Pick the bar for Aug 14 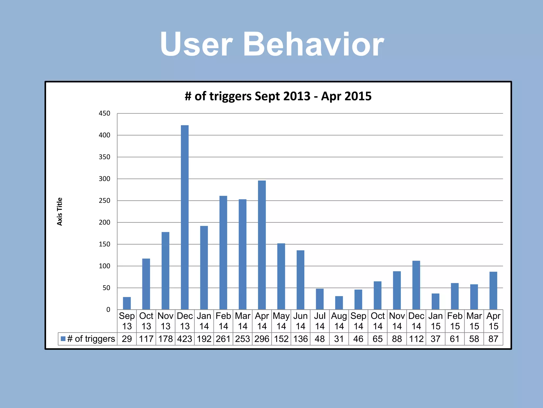(339, 303)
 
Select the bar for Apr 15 (493, 291)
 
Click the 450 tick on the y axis (104, 113)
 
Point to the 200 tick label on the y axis (104, 222)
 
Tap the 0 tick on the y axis (108, 309)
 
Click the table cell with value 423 (185, 339)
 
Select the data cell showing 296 (262, 339)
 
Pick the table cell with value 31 (339, 339)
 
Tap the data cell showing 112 (416, 339)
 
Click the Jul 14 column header (320, 321)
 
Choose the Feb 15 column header (455, 321)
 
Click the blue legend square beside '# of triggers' (63, 339)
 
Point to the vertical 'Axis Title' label (60, 211)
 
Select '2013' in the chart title (297, 96)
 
